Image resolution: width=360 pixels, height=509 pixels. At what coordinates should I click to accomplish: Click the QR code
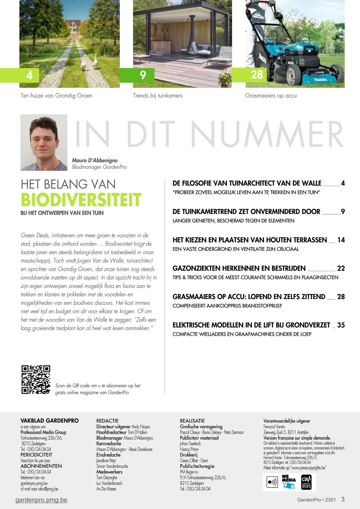tap(36, 380)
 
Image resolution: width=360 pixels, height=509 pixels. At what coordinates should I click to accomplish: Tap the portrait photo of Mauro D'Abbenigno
tap(44, 143)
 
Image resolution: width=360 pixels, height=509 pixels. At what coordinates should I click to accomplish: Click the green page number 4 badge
tap(30, 75)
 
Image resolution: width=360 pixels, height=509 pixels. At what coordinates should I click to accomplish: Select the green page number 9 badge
tap(143, 75)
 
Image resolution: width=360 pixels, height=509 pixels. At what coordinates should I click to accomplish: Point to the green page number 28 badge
tap(257, 75)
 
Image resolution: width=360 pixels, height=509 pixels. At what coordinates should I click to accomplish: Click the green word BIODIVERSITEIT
tap(81, 200)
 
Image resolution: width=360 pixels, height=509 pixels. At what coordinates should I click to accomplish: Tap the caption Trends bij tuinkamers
tap(158, 96)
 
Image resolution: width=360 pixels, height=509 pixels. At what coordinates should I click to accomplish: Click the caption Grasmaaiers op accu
tap(271, 96)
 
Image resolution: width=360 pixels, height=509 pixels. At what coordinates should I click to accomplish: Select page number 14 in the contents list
tap(341, 240)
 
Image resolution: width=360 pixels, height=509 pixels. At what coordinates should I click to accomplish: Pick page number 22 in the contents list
tap(341, 268)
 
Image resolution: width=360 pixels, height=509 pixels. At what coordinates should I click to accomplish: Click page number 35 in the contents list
tap(341, 325)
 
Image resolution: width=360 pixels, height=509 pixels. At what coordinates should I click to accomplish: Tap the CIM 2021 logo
tap(306, 482)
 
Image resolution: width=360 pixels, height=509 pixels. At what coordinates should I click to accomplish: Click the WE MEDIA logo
tap(289, 482)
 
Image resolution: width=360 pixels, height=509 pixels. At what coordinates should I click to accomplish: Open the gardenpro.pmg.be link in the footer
tap(41, 500)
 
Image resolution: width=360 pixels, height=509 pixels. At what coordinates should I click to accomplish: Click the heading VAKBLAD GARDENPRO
tap(49, 421)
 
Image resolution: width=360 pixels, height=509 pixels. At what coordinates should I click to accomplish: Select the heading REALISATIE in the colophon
tap(192, 421)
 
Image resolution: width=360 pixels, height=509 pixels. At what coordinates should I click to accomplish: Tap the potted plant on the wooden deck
tap(225, 80)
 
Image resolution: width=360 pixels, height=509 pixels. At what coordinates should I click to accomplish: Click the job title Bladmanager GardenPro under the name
tap(99, 167)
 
